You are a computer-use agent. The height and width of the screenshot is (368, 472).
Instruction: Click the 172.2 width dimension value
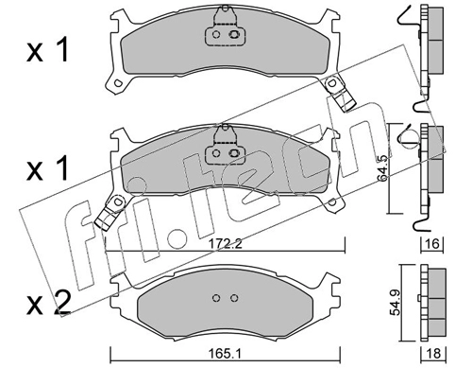point(226,243)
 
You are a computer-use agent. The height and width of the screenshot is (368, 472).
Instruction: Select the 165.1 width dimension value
point(225,354)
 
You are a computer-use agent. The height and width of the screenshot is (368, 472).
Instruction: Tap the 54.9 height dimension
point(395,303)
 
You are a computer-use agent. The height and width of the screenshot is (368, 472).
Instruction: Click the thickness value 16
point(433,243)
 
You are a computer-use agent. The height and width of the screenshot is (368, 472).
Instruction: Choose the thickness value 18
point(433,354)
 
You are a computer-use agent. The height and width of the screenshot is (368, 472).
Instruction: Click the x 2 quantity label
point(49,304)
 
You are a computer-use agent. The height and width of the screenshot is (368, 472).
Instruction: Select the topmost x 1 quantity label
point(47,51)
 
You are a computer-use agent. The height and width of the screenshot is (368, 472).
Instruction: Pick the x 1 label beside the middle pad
point(47,169)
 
